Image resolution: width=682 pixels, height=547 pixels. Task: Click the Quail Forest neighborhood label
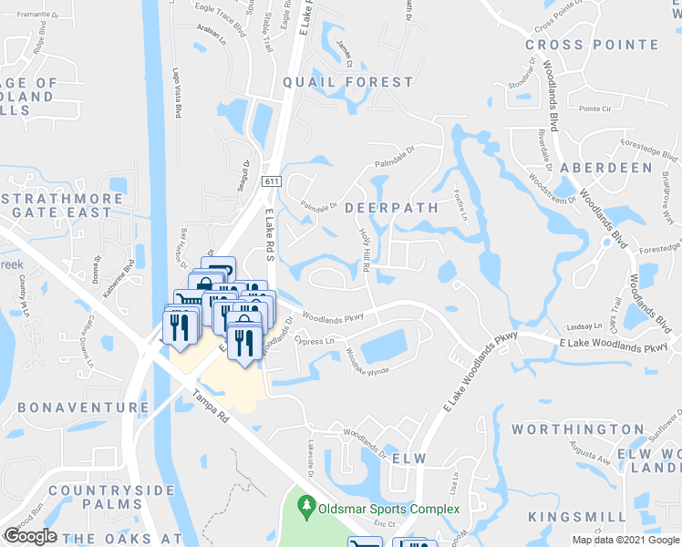(x=347, y=82)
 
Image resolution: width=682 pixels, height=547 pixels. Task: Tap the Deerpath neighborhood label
(x=391, y=208)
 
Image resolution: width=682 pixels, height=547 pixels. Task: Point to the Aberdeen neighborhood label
(x=606, y=168)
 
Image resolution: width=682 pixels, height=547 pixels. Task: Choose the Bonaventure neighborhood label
(x=83, y=408)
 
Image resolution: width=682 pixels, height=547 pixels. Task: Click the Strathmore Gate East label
(x=62, y=205)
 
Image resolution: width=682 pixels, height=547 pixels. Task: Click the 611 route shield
(x=272, y=181)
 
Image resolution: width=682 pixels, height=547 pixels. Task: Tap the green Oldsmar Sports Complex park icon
(x=308, y=504)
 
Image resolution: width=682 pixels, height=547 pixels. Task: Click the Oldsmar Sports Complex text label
(x=388, y=508)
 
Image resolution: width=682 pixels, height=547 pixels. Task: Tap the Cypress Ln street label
(x=315, y=341)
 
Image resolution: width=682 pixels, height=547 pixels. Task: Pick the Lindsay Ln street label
(x=584, y=326)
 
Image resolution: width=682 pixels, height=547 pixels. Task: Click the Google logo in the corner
(x=31, y=536)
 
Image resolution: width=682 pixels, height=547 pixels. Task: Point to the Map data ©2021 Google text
(x=625, y=540)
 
